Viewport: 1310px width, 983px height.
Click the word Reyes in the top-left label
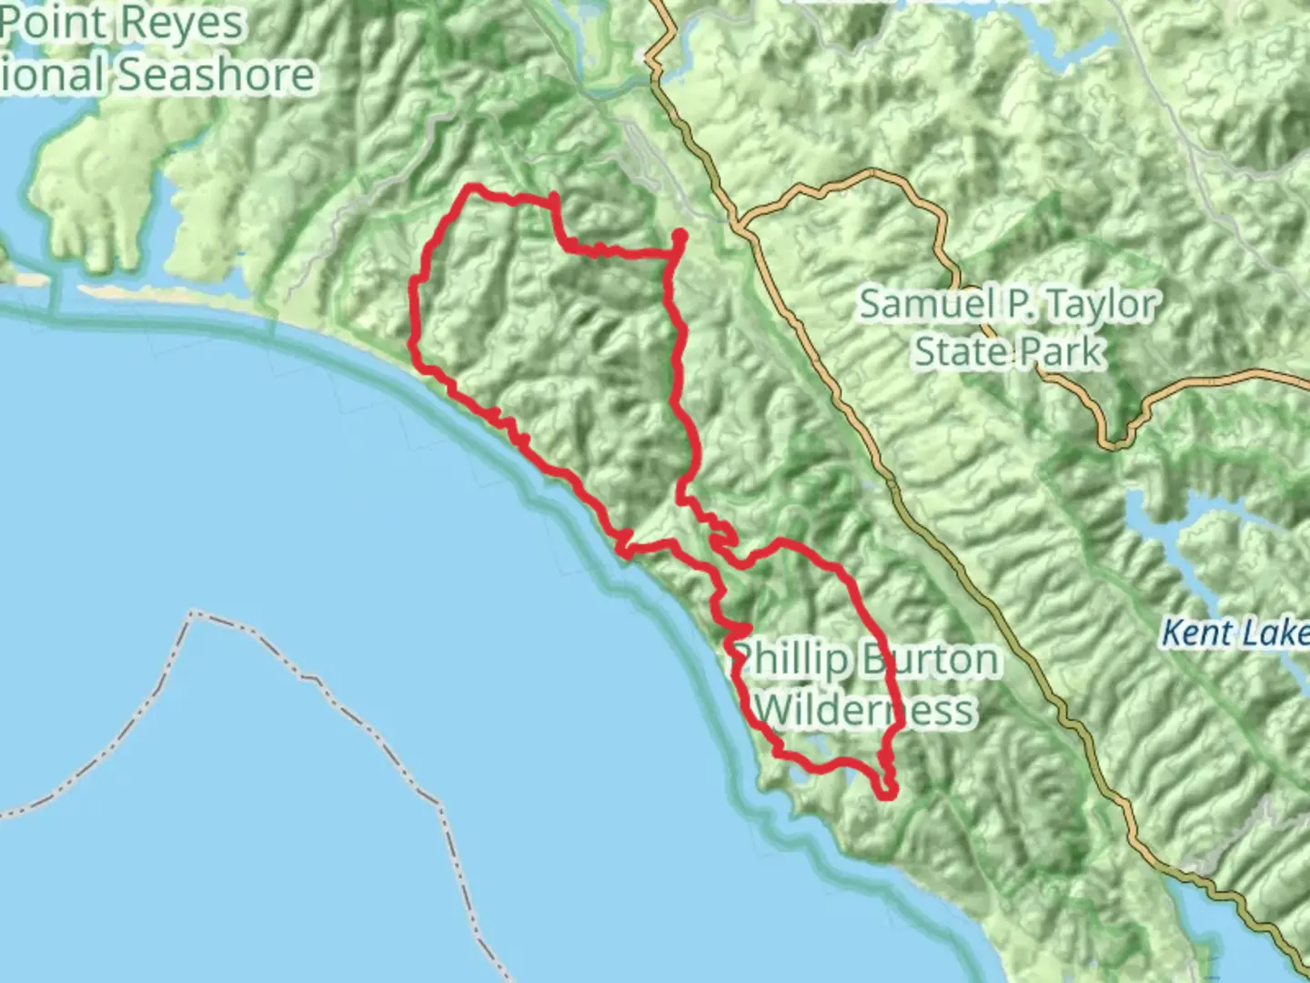coord(187,23)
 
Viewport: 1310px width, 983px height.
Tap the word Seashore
coord(218,75)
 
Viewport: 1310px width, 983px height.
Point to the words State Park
coord(1008,351)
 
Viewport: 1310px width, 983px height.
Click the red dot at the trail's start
coord(679,237)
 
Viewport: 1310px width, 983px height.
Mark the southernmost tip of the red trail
coord(888,794)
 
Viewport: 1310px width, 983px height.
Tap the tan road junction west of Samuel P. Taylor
coord(739,221)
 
